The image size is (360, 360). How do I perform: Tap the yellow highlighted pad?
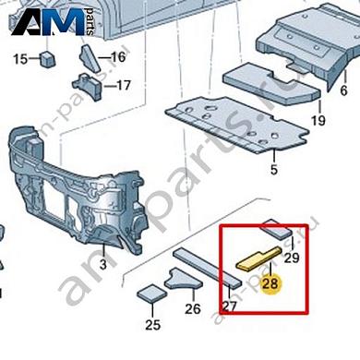(x=258, y=256)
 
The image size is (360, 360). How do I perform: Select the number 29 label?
(x=292, y=258)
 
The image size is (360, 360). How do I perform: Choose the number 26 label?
(x=194, y=309)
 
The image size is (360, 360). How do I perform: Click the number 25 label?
(x=152, y=325)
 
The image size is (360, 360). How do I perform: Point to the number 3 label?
(x=103, y=265)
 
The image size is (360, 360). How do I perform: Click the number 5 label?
(x=273, y=169)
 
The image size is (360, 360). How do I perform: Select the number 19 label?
(x=318, y=120)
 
